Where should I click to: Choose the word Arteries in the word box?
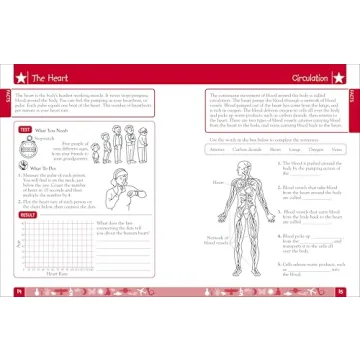pos(218,149)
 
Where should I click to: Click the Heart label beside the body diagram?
pos(217,183)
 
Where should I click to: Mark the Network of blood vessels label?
pos(215,242)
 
